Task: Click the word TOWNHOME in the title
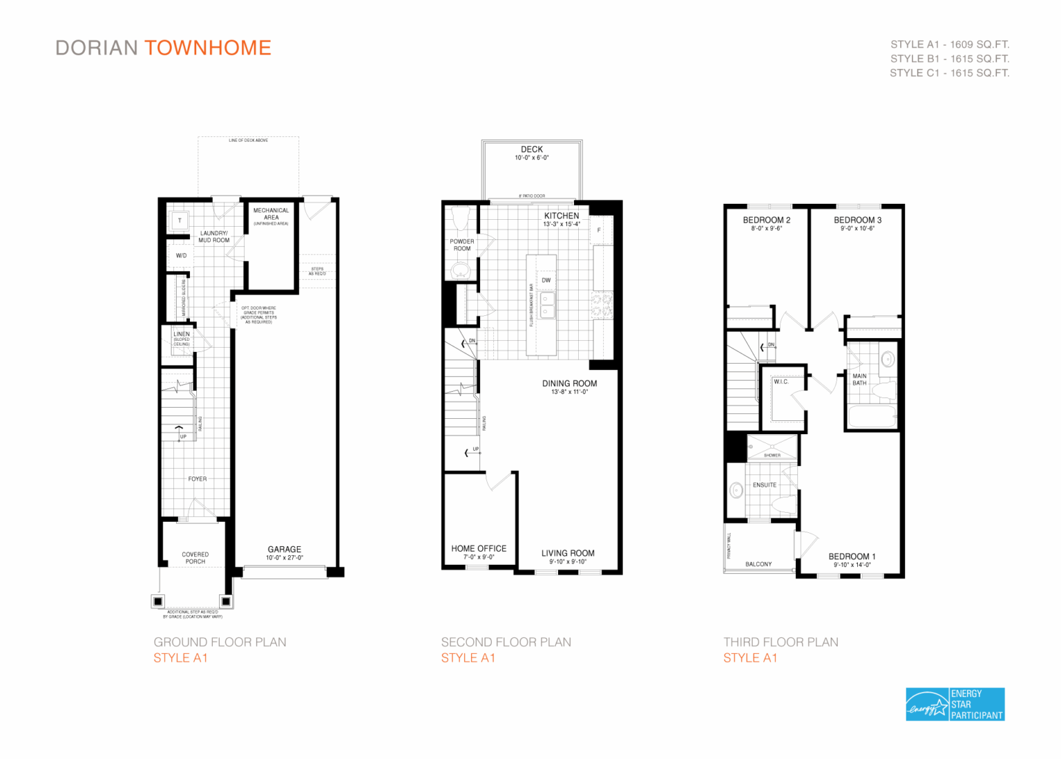click(208, 48)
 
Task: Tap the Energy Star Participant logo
click(955, 704)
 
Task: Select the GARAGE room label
click(285, 550)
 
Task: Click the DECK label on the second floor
click(532, 149)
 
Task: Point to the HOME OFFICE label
click(479, 549)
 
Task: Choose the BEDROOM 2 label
click(766, 221)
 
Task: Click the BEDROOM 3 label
click(857, 221)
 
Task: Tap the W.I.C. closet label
click(781, 382)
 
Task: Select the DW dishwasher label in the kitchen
click(546, 280)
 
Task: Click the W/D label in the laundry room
click(181, 256)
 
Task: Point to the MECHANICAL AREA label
click(271, 214)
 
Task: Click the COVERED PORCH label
click(195, 558)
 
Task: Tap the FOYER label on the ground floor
click(198, 478)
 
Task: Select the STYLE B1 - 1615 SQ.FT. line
click(949, 59)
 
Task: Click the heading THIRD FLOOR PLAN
click(781, 642)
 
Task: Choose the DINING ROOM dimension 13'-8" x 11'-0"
click(569, 392)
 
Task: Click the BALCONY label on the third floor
click(758, 564)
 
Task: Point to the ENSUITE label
click(765, 485)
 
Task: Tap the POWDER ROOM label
click(462, 245)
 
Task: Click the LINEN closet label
click(182, 334)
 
